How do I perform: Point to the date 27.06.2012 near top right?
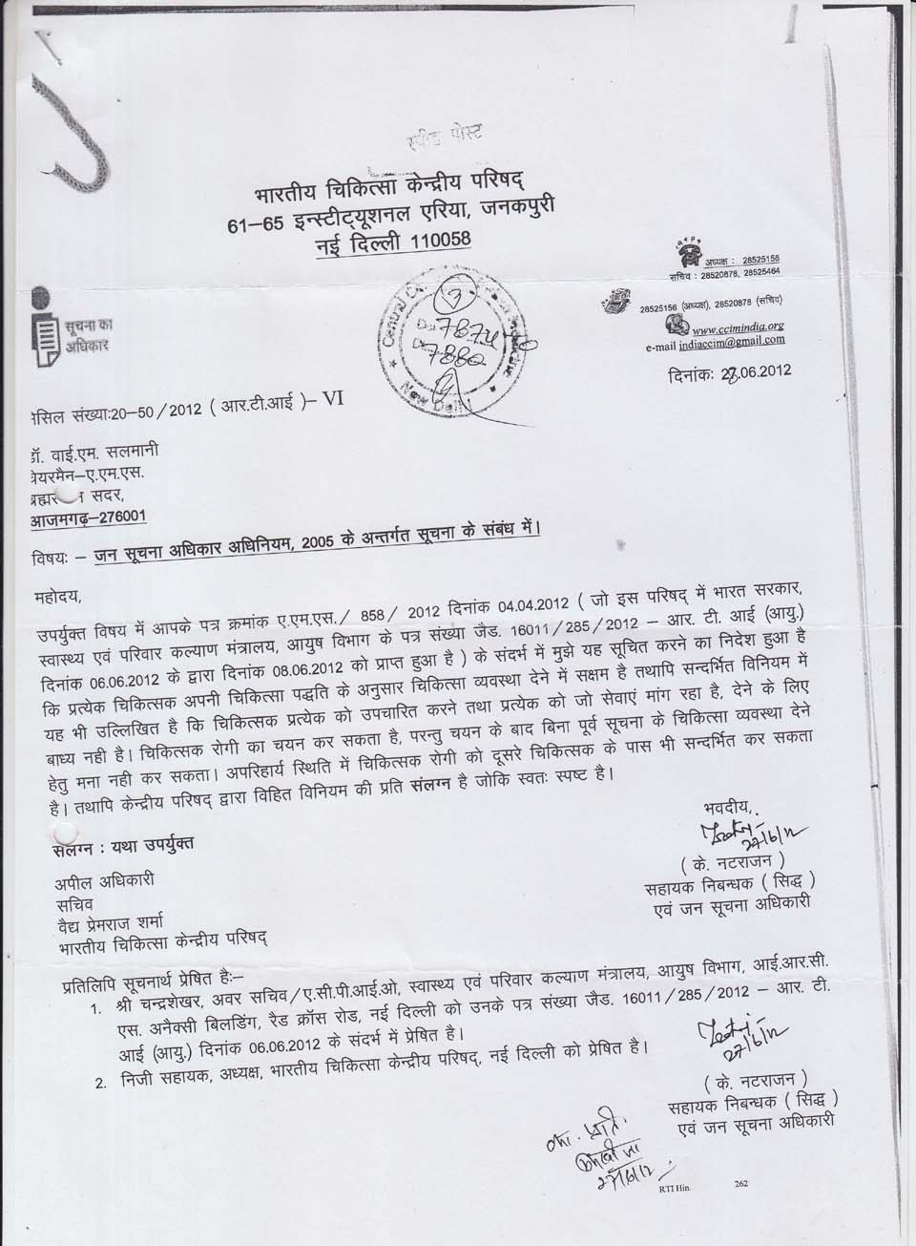pos(744,373)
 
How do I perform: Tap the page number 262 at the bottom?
pos(740,1184)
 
